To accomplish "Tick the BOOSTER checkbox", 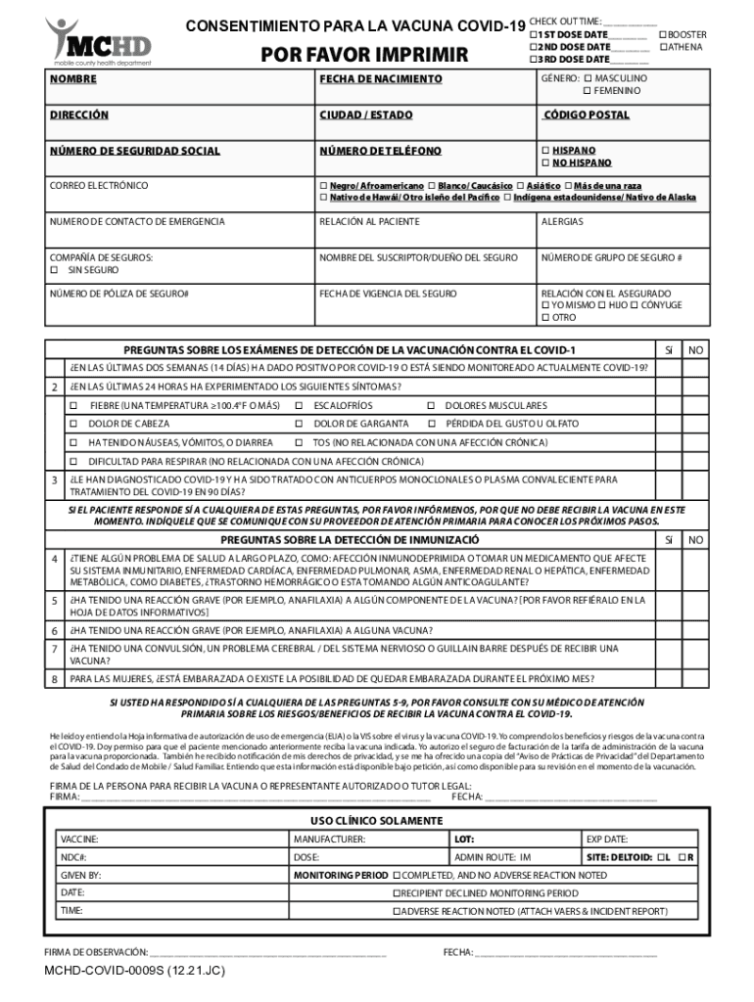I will [x=663, y=34].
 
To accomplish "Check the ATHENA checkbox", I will [x=663, y=47].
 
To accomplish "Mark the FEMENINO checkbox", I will [x=588, y=91].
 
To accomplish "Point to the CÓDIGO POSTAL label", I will [x=587, y=115].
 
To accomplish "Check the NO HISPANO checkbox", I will [x=545, y=163].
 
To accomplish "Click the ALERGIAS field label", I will [x=561, y=222].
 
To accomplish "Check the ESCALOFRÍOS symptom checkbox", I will [x=299, y=406].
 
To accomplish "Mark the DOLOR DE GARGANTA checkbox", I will [x=299, y=425].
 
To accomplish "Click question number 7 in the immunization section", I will [x=54, y=649].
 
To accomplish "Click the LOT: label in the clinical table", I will [x=463, y=840].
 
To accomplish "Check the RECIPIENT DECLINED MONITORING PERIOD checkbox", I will [x=397, y=893].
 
